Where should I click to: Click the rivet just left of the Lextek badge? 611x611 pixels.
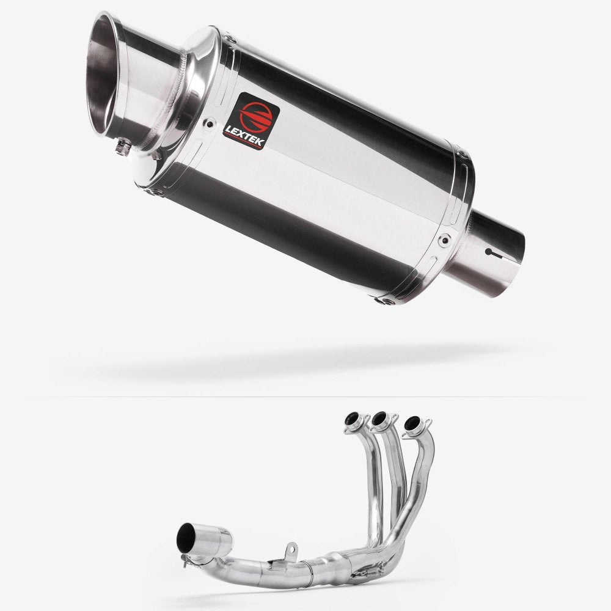click(210, 124)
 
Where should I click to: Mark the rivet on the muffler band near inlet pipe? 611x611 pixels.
click(444, 240)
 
